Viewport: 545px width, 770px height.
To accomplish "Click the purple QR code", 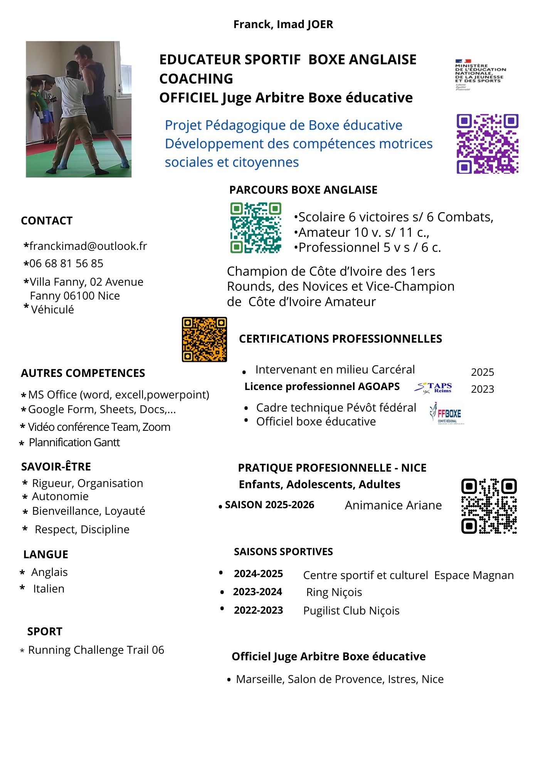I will point(487,144).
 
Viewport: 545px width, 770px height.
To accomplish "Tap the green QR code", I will point(256,228).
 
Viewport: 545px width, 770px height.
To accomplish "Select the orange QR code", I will point(204,339).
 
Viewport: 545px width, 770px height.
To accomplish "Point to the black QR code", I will point(489,506).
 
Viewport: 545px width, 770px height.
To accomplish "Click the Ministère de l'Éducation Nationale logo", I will point(480,75).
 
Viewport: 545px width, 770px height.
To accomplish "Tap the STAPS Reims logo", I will point(433,388).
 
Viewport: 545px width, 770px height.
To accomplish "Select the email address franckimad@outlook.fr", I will point(88,246).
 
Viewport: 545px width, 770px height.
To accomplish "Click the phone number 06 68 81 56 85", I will point(66,263).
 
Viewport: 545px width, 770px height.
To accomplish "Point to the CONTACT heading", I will point(47,221).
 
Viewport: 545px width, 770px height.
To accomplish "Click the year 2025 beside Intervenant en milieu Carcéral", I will point(482,372).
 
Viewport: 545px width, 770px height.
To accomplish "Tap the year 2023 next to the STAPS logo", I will point(482,389).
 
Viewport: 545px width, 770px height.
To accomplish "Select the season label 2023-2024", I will point(257,592).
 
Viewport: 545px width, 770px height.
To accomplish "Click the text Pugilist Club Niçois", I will point(351,611).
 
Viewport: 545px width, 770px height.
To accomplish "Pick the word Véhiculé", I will point(52,310).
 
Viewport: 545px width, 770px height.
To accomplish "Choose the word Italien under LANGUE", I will point(49,589).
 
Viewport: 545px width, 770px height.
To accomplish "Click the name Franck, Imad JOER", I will point(283,24).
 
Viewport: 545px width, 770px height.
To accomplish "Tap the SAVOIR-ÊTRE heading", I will point(56,467).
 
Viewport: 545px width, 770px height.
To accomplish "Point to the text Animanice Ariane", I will point(393,505).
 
